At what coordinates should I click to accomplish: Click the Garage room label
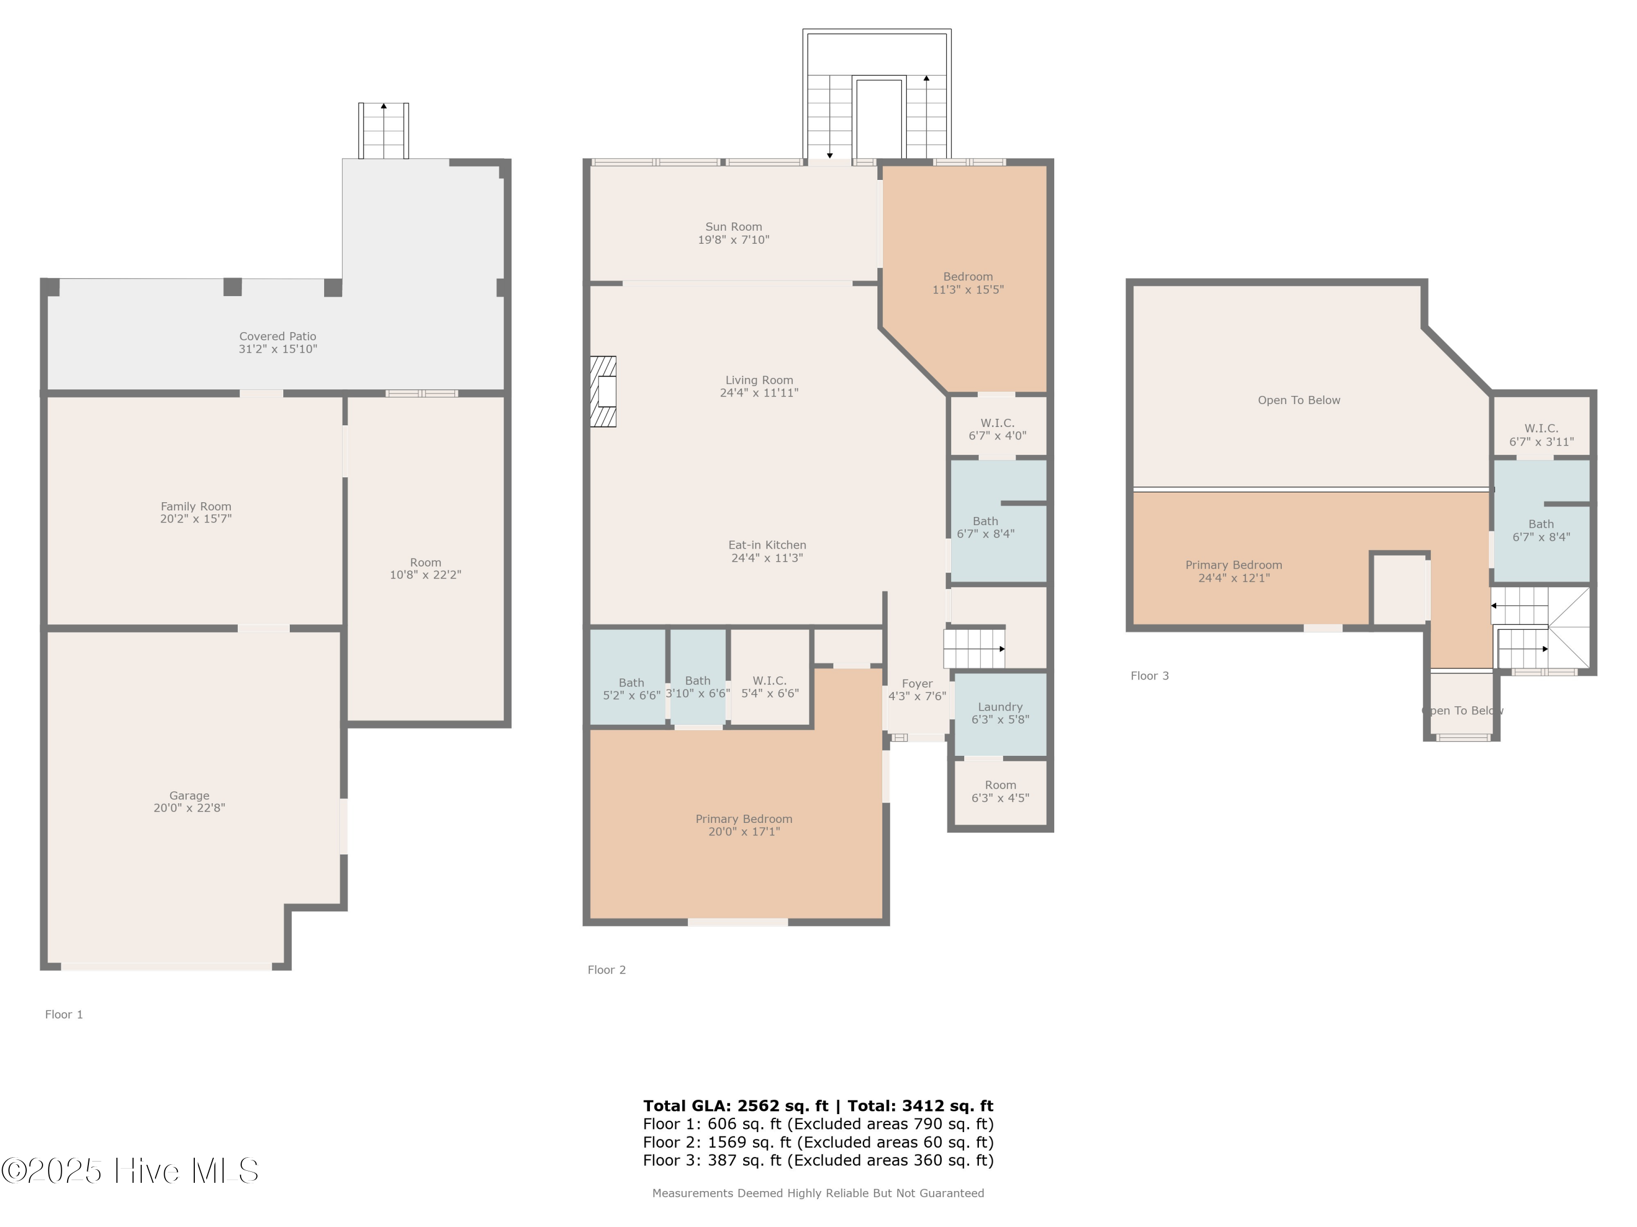[x=189, y=796]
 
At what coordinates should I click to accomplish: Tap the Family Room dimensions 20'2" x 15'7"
[x=195, y=519]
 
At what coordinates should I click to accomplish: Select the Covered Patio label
[x=278, y=336]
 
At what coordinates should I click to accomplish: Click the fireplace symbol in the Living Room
[x=603, y=392]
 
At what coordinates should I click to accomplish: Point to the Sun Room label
[x=733, y=227]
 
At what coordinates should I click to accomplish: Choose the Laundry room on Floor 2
[x=1000, y=713]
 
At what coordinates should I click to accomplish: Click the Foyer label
[x=917, y=684]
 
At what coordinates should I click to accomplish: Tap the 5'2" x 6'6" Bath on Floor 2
[x=631, y=689]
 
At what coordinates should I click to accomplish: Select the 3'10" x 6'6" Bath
[x=697, y=687]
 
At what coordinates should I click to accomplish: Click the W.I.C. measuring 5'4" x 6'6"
[x=769, y=687]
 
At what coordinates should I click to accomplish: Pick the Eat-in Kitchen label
[x=767, y=545]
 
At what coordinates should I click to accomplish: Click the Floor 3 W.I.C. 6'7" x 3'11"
[x=1541, y=435]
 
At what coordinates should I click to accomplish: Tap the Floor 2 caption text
[x=606, y=970]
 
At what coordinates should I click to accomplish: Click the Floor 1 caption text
[x=64, y=1014]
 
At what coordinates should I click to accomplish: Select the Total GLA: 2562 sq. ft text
[x=735, y=1106]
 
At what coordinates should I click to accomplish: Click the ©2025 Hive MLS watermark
[x=130, y=1171]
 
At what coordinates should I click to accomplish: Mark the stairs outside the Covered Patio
[x=384, y=131]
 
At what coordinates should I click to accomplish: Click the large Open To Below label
[x=1298, y=400]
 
